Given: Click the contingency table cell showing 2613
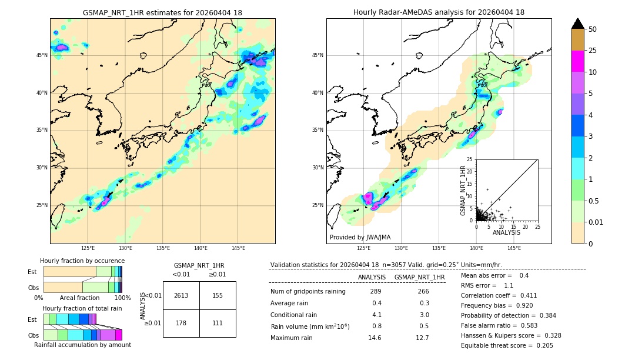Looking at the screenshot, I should point(181,295).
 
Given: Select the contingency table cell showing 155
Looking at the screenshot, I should point(218,295).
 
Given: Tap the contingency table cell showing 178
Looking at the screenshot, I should point(181,323).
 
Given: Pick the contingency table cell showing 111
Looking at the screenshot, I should point(218,323).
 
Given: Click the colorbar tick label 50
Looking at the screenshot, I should point(593,29).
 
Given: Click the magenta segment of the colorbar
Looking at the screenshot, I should point(577,61).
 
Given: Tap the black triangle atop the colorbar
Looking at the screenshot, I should point(577,24).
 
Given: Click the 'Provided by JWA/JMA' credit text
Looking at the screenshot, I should point(359,237).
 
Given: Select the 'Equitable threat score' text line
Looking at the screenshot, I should point(507,345).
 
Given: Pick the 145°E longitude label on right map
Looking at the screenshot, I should point(514,248).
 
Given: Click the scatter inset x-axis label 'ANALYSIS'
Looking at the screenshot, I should point(506,232).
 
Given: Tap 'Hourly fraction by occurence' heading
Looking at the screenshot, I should point(82,261).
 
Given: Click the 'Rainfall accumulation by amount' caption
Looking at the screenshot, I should point(82,345).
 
